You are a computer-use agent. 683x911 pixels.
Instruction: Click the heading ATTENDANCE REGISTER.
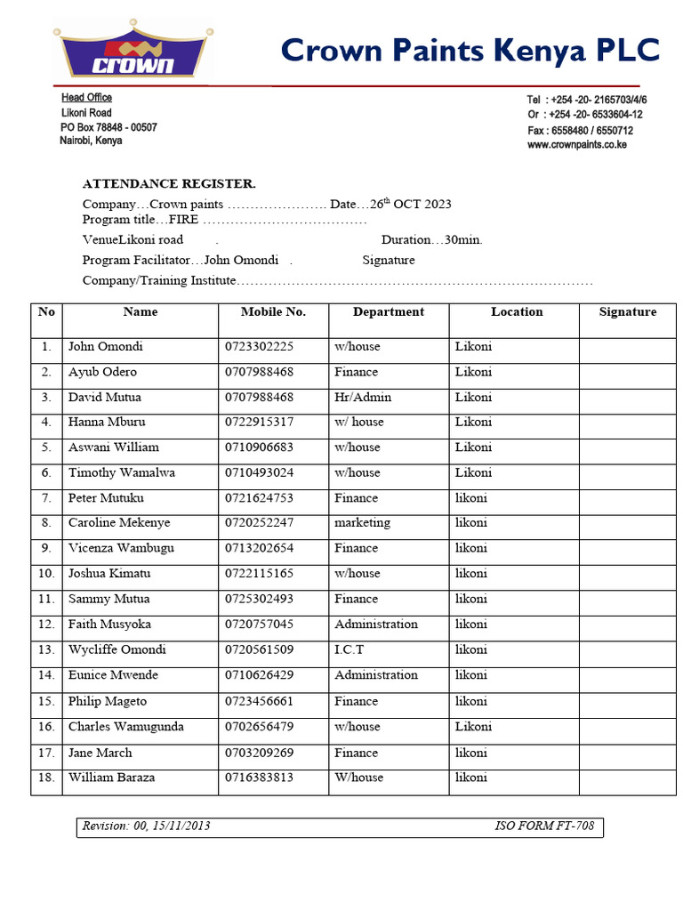point(169,184)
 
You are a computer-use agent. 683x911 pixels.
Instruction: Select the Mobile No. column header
point(273,312)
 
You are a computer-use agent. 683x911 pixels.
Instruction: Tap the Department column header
point(389,312)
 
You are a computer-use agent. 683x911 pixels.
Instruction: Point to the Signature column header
point(628,312)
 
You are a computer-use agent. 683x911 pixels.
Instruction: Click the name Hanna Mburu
point(107,423)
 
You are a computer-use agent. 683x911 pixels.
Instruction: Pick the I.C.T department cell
point(350,650)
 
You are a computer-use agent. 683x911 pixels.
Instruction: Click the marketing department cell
point(362,523)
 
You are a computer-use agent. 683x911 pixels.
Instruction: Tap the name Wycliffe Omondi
point(117,650)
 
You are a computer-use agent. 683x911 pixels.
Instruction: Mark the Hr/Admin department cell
point(363,398)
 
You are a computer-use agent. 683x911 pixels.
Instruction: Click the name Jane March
point(100,753)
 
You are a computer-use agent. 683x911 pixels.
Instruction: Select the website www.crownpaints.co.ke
point(577,145)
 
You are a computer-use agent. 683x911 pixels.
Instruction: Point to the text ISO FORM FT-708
point(544,826)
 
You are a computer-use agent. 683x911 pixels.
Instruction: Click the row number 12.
point(47,625)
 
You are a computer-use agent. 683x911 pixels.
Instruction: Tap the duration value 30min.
point(463,240)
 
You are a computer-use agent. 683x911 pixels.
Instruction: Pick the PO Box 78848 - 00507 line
point(108,127)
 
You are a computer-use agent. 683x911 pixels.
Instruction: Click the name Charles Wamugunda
point(126,727)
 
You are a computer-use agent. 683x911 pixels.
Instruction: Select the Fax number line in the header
point(580,130)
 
